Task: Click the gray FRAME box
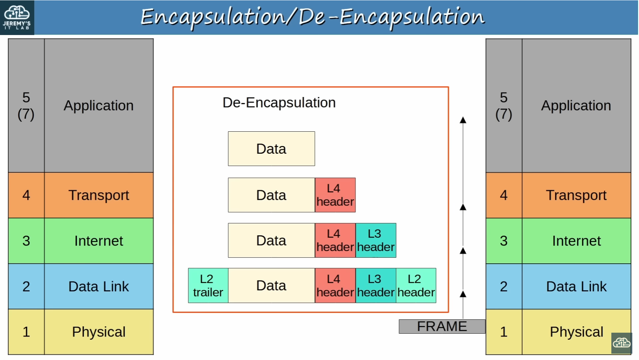(442, 326)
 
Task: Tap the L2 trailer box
(208, 285)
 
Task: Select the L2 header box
(416, 285)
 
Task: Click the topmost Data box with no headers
(271, 149)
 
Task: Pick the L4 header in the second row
(335, 195)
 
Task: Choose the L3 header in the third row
(376, 241)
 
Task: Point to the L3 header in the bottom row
(376, 285)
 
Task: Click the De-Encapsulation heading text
(279, 103)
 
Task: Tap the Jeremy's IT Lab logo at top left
(17, 18)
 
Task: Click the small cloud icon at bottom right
(622, 343)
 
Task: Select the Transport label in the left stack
(99, 195)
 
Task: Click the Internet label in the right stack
(576, 241)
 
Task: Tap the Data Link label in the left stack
(99, 286)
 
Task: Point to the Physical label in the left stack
(99, 332)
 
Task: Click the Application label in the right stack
(576, 106)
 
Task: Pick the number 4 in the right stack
(504, 195)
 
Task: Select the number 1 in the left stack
(26, 332)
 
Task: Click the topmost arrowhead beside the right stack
(463, 120)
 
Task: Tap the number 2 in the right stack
(504, 286)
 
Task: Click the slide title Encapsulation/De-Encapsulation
(313, 17)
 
